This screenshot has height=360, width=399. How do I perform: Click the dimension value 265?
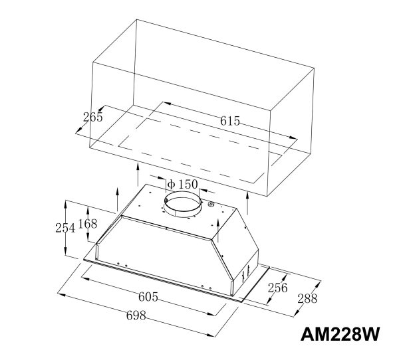pos(93,117)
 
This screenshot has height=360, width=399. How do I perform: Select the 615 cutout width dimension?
pos(230,121)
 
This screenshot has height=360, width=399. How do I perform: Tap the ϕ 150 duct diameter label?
pos(182,184)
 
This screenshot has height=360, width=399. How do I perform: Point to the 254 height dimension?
pos(65,228)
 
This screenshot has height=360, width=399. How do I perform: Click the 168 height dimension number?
pos(88,224)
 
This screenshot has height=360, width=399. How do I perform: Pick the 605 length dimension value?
pos(148,297)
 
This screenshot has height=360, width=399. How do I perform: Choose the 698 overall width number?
pos(136,315)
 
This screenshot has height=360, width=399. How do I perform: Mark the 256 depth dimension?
pos(277,288)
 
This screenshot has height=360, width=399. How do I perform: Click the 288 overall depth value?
pos(307,298)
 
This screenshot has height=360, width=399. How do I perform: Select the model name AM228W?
pos(340,334)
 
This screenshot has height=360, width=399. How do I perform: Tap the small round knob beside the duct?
pos(210,204)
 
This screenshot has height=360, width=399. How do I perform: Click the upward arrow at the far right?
pos(247,203)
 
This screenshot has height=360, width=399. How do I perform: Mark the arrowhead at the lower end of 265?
pos(78,130)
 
